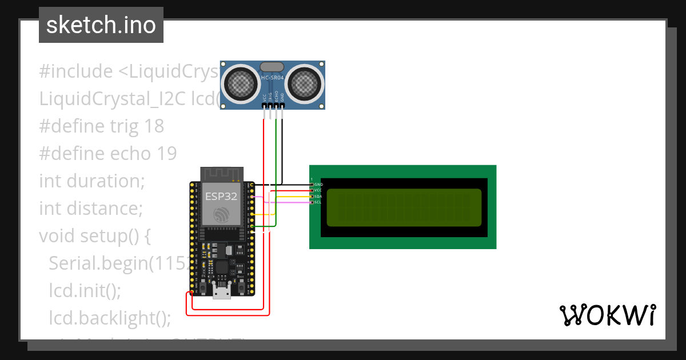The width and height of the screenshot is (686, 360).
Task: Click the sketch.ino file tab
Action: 101,25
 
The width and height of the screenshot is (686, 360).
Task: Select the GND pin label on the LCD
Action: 318,185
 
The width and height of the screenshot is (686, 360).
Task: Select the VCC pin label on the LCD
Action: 318,190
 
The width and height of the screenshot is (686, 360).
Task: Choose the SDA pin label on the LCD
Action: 318,196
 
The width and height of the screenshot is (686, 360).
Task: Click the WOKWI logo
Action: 607,315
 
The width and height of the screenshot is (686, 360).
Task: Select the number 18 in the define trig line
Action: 154,126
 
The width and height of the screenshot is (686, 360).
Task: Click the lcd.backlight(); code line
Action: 110,318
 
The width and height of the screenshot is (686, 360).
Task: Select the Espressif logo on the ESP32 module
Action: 221,214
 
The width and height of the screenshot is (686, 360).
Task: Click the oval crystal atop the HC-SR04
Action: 273,67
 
